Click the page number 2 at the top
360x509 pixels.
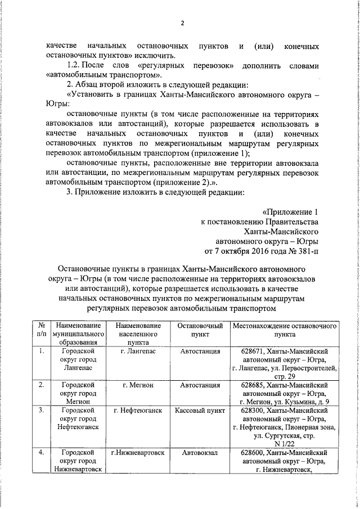[x=182, y=23]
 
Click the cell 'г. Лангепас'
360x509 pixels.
[x=138, y=351]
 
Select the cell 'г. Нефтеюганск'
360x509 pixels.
[x=138, y=411]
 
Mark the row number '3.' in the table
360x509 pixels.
[x=41, y=411]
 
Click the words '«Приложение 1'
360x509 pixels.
[x=290, y=212]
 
